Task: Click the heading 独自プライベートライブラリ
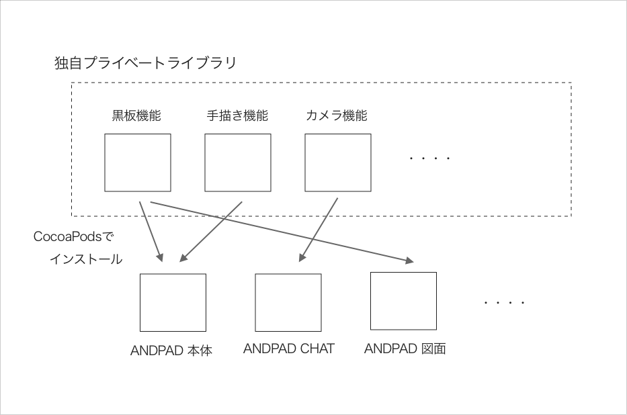click(145, 64)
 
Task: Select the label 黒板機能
click(136, 115)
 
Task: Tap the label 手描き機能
click(237, 115)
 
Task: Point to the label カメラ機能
click(337, 115)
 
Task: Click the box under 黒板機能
click(138, 163)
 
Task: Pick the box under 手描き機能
click(238, 163)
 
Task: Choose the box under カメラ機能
click(338, 163)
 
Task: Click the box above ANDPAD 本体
click(173, 303)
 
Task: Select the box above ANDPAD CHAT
click(288, 303)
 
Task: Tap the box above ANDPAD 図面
click(404, 301)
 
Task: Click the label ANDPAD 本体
click(171, 351)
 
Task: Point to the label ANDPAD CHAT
click(288, 349)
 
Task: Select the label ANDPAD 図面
click(405, 349)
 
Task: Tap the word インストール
click(86, 259)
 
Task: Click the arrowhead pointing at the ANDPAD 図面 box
click(410, 261)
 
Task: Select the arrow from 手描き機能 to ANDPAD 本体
click(211, 230)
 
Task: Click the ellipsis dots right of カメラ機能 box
click(429, 158)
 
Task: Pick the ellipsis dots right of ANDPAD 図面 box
click(504, 303)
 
